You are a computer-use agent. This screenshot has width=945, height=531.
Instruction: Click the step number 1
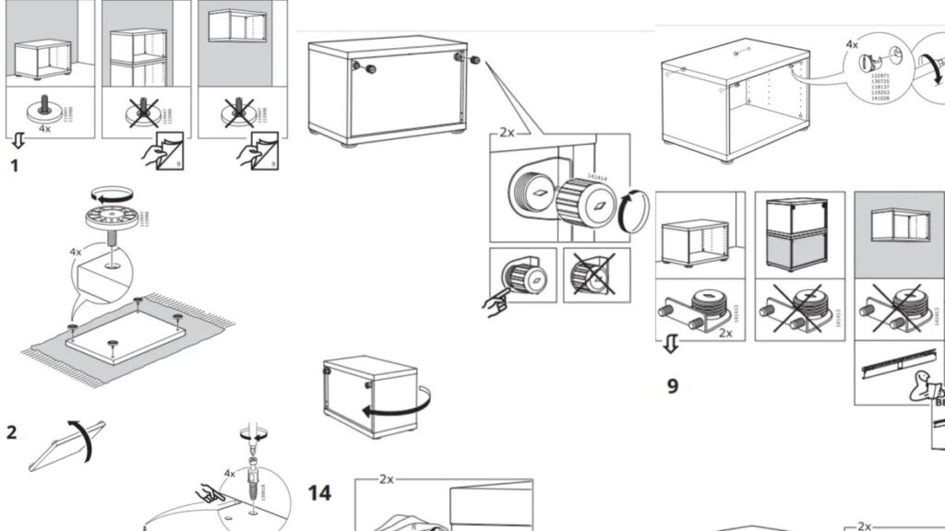pos(14,167)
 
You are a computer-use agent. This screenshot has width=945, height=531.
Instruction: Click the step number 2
pos(12,431)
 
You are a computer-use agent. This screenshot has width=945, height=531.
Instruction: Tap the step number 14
pos(319,493)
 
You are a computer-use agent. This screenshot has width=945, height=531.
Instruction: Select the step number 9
pos(673,385)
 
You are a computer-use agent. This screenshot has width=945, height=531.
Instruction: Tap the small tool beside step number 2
pos(68,442)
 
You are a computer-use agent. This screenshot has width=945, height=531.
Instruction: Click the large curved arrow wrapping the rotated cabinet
pos(397,404)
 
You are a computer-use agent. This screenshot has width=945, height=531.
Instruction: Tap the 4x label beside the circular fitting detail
pos(851,44)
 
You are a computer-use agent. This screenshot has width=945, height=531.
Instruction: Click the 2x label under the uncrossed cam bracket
pos(724,334)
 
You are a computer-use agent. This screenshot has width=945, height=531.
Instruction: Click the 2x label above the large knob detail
pos(506,132)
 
